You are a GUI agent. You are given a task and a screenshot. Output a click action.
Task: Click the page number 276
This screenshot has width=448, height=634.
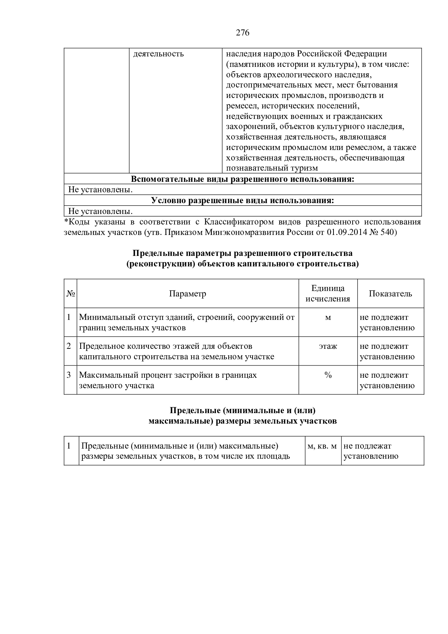click(x=242, y=33)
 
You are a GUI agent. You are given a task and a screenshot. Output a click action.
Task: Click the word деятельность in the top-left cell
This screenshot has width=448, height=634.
click(x=159, y=54)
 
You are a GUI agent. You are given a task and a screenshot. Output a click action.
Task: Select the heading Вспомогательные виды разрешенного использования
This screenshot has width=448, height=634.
click(x=242, y=179)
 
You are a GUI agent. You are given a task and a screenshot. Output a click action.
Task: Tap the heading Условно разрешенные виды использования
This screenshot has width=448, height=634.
click(x=242, y=201)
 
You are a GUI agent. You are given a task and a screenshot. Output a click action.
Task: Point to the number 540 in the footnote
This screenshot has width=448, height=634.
click(x=388, y=232)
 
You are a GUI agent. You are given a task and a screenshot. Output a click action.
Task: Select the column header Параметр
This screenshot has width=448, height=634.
click(x=188, y=294)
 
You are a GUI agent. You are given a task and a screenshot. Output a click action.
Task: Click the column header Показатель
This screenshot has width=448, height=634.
click(x=390, y=294)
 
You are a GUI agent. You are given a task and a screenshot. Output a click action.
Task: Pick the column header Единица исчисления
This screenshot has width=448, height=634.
click(x=328, y=294)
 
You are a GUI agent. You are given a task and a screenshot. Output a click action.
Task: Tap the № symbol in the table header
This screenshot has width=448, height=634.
click(x=70, y=294)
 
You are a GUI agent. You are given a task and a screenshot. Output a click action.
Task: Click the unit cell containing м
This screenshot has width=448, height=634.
click(x=328, y=317)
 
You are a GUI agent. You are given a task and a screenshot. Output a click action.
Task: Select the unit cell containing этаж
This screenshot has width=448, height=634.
click(x=328, y=346)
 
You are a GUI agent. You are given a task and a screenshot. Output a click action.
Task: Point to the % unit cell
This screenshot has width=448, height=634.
click(x=328, y=375)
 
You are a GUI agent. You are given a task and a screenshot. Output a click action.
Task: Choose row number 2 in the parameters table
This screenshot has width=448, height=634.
click(x=69, y=346)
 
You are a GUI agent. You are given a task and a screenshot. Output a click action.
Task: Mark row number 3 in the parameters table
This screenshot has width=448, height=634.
click(x=69, y=375)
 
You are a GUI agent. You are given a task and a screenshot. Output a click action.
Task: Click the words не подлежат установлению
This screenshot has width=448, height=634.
click(x=371, y=451)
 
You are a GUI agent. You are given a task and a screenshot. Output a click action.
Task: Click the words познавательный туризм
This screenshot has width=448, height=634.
click(x=272, y=168)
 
